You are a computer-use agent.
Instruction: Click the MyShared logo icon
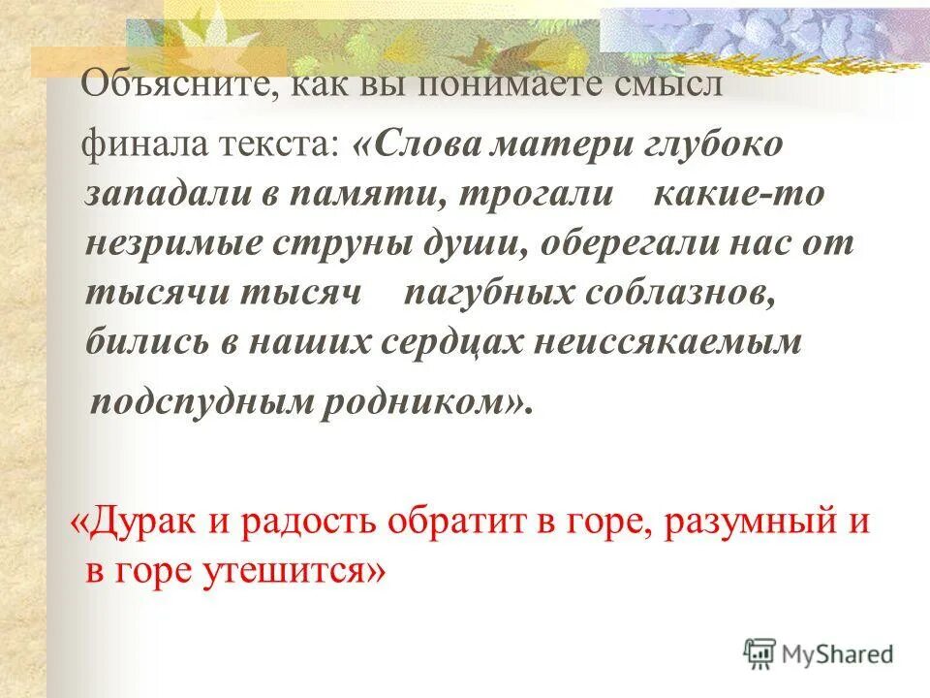coord(759,654)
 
